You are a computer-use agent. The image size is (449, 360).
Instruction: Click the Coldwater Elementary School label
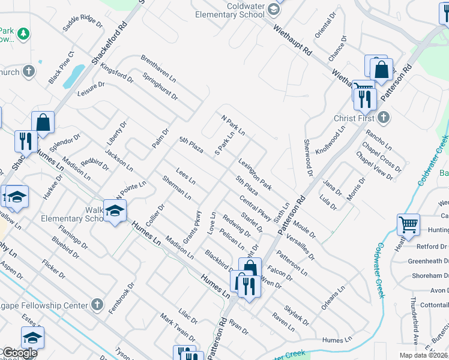(233, 10)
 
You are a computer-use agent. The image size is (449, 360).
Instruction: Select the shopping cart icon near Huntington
(408, 225)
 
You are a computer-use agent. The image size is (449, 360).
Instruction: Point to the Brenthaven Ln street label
(158, 70)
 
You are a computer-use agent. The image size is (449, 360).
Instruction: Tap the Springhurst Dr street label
(161, 86)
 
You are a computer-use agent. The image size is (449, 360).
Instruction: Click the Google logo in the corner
(19, 353)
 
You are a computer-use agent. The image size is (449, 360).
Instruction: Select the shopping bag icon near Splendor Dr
(43, 122)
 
